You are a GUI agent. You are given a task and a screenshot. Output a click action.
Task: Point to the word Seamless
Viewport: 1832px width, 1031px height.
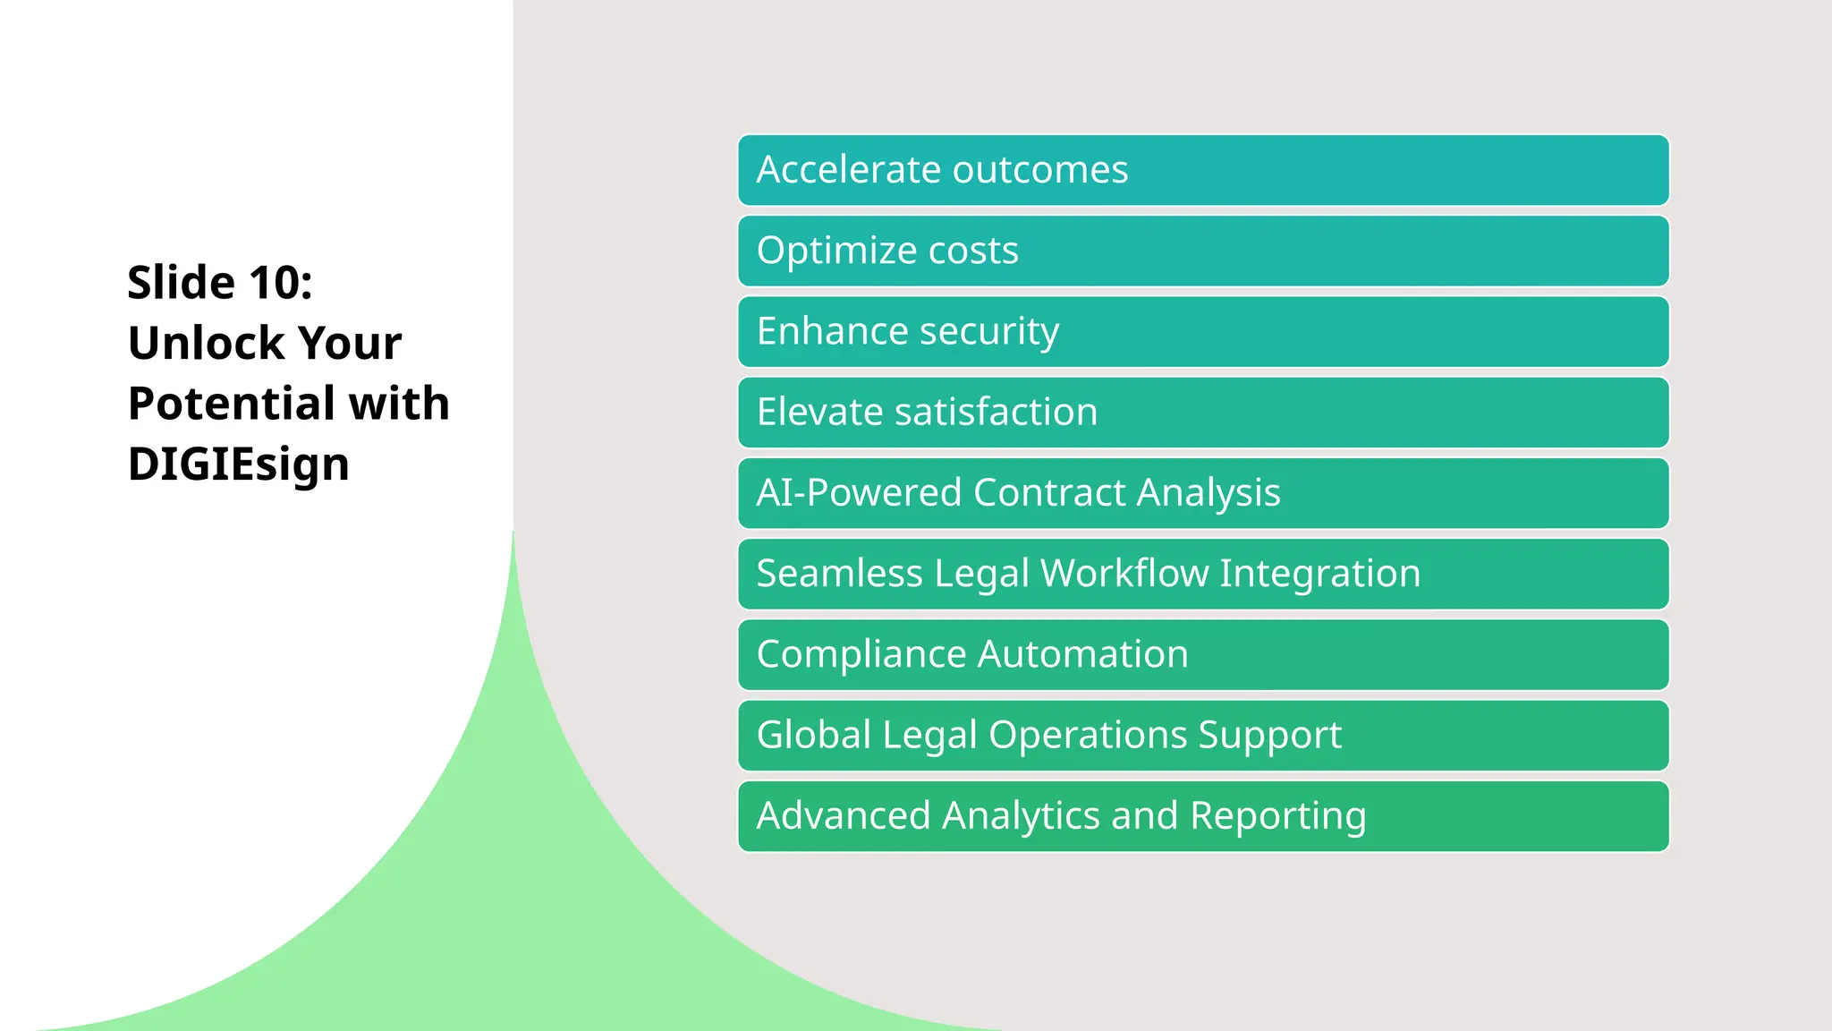[839, 574]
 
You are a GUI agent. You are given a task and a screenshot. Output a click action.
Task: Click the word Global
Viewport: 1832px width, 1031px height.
[813, 735]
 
